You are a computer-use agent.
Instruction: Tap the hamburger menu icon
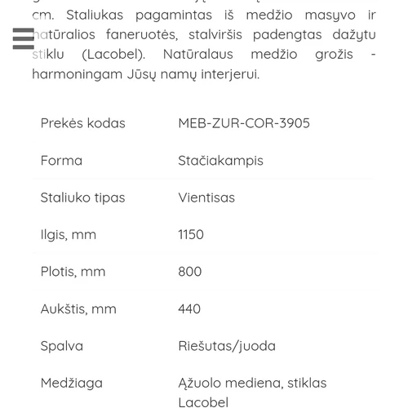click(23, 38)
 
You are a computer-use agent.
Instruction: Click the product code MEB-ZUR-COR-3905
click(244, 123)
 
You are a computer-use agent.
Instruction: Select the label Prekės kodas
click(82, 123)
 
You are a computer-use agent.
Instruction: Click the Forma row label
click(61, 161)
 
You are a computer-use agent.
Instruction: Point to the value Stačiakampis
click(220, 161)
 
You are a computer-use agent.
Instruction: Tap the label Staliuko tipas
click(82, 197)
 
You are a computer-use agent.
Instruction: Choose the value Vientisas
click(206, 197)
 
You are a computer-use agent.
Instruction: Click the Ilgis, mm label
click(69, 234)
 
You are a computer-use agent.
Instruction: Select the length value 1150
click(191, 234)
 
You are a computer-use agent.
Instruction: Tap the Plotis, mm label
click(73, 271)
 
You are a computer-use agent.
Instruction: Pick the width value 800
click(189, 271)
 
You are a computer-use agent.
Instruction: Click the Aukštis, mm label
click(78, 308)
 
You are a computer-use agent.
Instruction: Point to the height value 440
click(189, 308)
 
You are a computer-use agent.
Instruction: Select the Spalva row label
click(62, 345)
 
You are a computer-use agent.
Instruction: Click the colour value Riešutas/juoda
click(227, 345)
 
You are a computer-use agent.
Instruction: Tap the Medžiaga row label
click(72, 383)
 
